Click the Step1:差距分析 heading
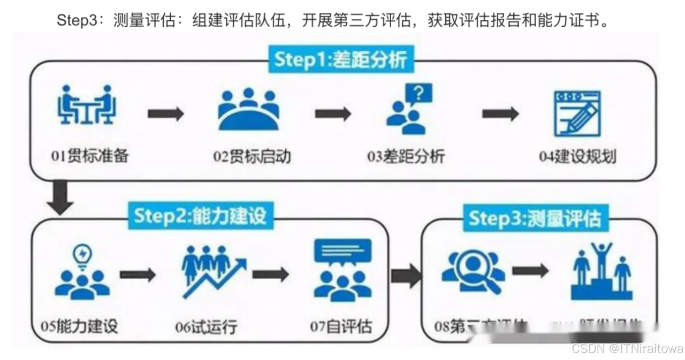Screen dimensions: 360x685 tap(340, 60)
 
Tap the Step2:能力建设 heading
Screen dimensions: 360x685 tap(200, 217)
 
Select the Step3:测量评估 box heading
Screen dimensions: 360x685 tap(535, 218)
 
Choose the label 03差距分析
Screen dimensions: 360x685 tap(406, 157)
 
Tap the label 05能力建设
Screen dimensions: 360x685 tap(79, 326)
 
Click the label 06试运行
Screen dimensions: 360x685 tap(206, 326)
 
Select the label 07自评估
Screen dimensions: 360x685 tap(341, 326)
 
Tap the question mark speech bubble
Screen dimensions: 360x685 tap(418, 95)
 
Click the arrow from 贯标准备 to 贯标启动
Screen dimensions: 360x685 tap(166, 113)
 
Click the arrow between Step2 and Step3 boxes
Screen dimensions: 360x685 tap(405, 275)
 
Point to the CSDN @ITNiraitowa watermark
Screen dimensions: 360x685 tap(627, 349)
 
